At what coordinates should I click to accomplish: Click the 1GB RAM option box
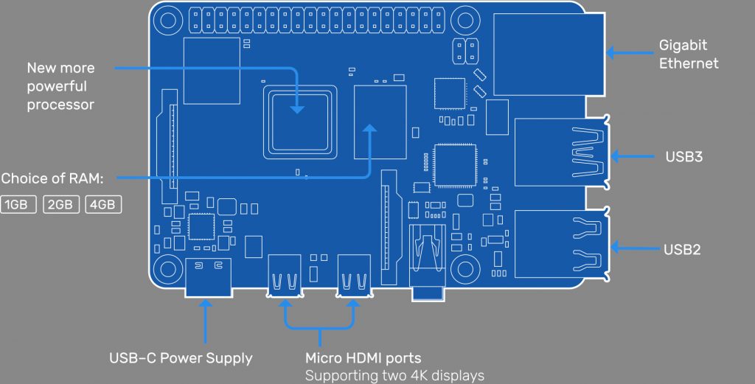tap(19, 204)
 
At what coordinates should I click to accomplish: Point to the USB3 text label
tap(683, 156)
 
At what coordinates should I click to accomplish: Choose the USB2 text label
tap(683, 249)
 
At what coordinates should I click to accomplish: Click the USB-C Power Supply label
tap(181, 359)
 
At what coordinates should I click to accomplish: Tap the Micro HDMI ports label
tap(363, 359)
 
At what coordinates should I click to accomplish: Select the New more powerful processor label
tap(60, 86)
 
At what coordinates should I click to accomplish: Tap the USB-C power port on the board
tap(207, 276)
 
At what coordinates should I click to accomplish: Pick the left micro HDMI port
tap(285, 276)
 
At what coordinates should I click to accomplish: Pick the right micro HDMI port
tap(353, 276)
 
